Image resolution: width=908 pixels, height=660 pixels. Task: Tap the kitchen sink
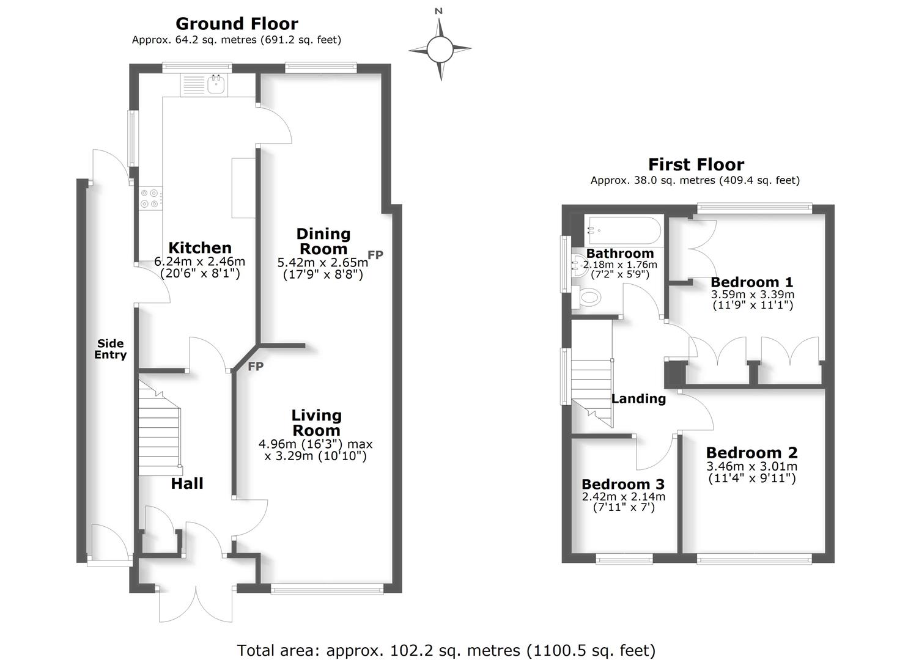pyautogui.click(x=216, y=84)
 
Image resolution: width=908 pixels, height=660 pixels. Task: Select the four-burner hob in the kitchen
pyautogui.click(x=150, y=198)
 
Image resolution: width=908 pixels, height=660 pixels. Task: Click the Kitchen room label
pyautogui.click(x=200, y=248)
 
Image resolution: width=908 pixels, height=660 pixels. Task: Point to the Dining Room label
pyautogui.click(x=323, y=241)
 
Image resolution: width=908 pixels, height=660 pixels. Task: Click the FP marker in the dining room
pyautogui.click(x=375, y=255)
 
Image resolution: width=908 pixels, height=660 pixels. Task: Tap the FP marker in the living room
pyautogui.click(x=256, y=366)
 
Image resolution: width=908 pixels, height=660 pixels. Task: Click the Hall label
pyautogui.click(x=187, y=483)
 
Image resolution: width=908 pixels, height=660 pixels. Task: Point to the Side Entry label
pyautogui.click(x=110, y=349)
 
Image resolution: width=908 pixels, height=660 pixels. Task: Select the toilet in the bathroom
pyautogui.click(x=590, y=299)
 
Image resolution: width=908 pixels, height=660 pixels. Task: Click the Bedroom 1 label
pyautogui.click(x=751, y=282)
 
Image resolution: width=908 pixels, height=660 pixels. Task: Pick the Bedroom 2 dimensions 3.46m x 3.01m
pyautogui.click(x=752, y=466)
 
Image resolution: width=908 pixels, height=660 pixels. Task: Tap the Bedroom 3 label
pyautogui.click(x=623, y=485)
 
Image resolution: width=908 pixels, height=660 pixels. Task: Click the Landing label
pyautogui.click(x=638, y=398)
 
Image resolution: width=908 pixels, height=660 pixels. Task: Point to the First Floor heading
pyautogui.click(x=696, y=164)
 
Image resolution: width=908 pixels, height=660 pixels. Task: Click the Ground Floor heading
pyautogui.click(x=237, y=24)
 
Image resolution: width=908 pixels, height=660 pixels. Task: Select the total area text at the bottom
pyautogui.click(x=446, y=650)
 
